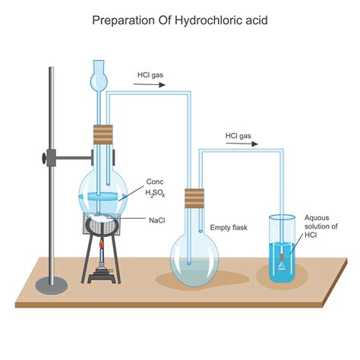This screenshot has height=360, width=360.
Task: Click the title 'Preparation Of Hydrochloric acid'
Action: pos(179,19)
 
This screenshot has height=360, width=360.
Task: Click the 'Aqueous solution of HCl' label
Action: pos(321,226)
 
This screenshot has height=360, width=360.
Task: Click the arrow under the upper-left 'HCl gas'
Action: pos(150,85)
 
